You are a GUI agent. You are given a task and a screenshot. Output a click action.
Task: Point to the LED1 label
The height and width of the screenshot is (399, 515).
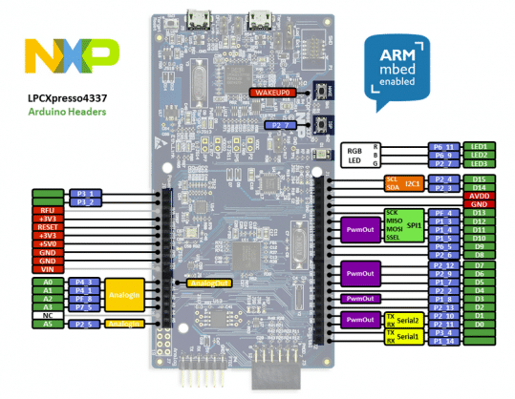pyautogui.click(x=479, y=146)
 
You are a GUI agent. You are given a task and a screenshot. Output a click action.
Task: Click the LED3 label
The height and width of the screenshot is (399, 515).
pyautogui.click(x=479, y=164)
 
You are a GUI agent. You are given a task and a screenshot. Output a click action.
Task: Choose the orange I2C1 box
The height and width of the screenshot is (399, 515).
pyautogui.click(x=413, y=183)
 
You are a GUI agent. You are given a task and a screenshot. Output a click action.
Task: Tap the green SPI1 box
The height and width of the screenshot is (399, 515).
pyautogui.click(x=414, y=224)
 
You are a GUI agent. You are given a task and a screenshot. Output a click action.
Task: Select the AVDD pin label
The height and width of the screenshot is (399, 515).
pyautogui.click(x=479, y=196)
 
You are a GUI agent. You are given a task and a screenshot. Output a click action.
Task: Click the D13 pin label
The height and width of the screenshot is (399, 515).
pyautogui.click(x=479, y=213)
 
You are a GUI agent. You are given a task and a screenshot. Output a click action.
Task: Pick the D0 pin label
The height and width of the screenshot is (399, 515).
pyautogui.click(x=479, y=325)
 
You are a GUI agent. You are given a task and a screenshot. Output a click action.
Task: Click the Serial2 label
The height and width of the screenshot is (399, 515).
pyautogui.click(x=409, y=320)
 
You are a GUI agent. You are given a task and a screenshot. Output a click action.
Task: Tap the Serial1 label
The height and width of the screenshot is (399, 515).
pyautogui.click(x=409, y=337)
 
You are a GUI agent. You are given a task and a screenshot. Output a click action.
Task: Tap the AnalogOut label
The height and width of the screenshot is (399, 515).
pyautogui.click(x=209, y=283)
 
